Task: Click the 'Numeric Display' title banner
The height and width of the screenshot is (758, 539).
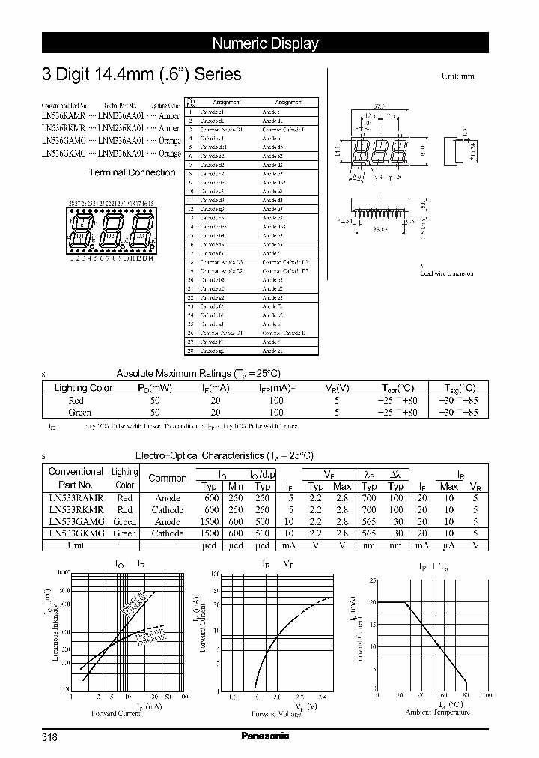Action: pos(265,43)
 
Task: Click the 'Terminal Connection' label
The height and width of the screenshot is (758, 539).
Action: pos(133,172)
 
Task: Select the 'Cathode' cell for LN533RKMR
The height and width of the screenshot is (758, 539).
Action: pos(168,510)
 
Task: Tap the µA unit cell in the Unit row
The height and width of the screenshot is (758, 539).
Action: pos(449,545)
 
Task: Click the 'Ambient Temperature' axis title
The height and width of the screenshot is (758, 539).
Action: pos(438,713)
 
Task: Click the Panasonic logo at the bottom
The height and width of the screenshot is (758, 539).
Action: pos(264,736)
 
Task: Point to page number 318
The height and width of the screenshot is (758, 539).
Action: pos(49,737)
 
